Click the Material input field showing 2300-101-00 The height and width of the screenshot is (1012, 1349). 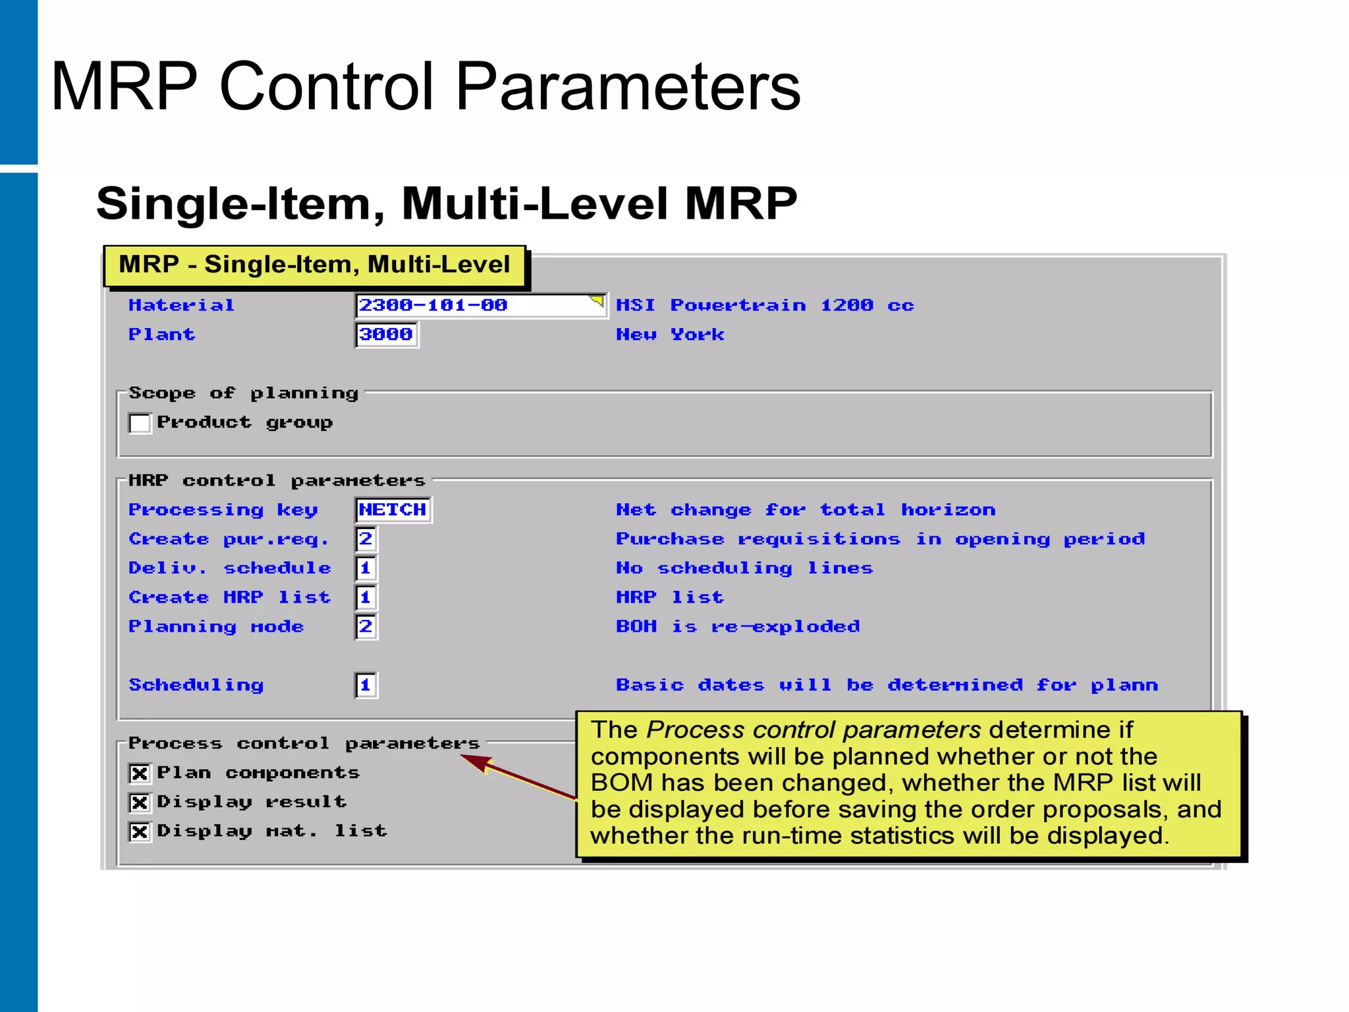(x=480, y=305)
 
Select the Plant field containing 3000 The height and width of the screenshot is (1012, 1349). (x=387, y=335)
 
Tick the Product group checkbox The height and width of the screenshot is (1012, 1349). (x=140, y=423)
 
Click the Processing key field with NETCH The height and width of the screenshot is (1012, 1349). (x=393, y=510)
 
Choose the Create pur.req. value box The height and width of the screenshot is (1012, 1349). (x=366, y=539)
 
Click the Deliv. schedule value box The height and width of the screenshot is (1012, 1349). (x=366, y=568)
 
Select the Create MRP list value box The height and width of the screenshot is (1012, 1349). (x=366, y=598)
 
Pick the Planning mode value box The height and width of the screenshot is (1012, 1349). (x=366, y=627)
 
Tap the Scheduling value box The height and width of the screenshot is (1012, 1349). (x=366, y=685)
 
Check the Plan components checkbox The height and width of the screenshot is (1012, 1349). (x=140, y=773)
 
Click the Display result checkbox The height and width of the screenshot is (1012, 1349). (x=140, y=802)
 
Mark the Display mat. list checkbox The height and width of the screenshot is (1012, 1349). (x=140, y=831)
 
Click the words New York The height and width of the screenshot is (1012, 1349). (x=670, y=335)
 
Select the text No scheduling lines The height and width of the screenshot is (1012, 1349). (x=744, y=568)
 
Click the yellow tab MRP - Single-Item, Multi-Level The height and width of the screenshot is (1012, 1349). (x=315, y=265)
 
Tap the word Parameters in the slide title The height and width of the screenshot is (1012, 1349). (x=628, y=86)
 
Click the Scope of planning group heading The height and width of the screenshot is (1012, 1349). (x=243, y=393)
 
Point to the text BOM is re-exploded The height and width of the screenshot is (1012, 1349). (x=738, y=627)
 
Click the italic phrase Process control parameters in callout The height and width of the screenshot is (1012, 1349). (x=813, y=730)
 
